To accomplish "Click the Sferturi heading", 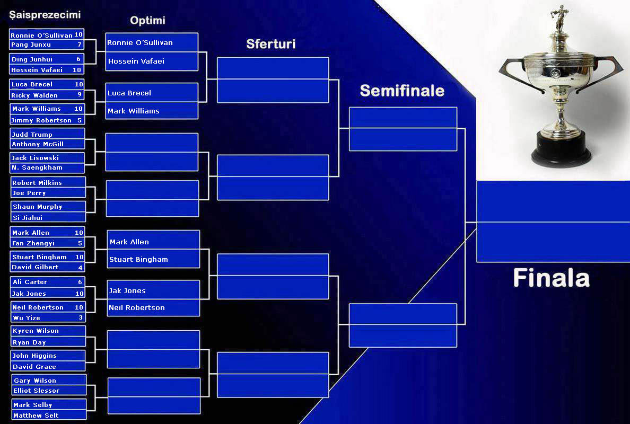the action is point(270,44).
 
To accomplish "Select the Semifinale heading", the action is point(401,91).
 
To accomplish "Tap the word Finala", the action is point(551,278).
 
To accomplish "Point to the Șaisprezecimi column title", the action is point(45,15).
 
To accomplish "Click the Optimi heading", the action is point(147,21).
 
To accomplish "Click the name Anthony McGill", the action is point(38,144).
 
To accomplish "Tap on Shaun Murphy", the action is point(37,207).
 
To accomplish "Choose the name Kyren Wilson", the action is point(36,331).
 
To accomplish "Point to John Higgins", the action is point(34,356).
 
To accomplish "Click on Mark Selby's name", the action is point(33,405).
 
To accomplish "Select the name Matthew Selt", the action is point(36,416).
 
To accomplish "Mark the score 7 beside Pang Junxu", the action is point(79,45).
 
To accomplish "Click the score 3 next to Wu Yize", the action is point(81,318).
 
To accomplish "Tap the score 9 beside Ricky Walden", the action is point(79,95).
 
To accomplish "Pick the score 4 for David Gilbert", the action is point(80,267).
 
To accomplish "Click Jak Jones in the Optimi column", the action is point(127,290).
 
